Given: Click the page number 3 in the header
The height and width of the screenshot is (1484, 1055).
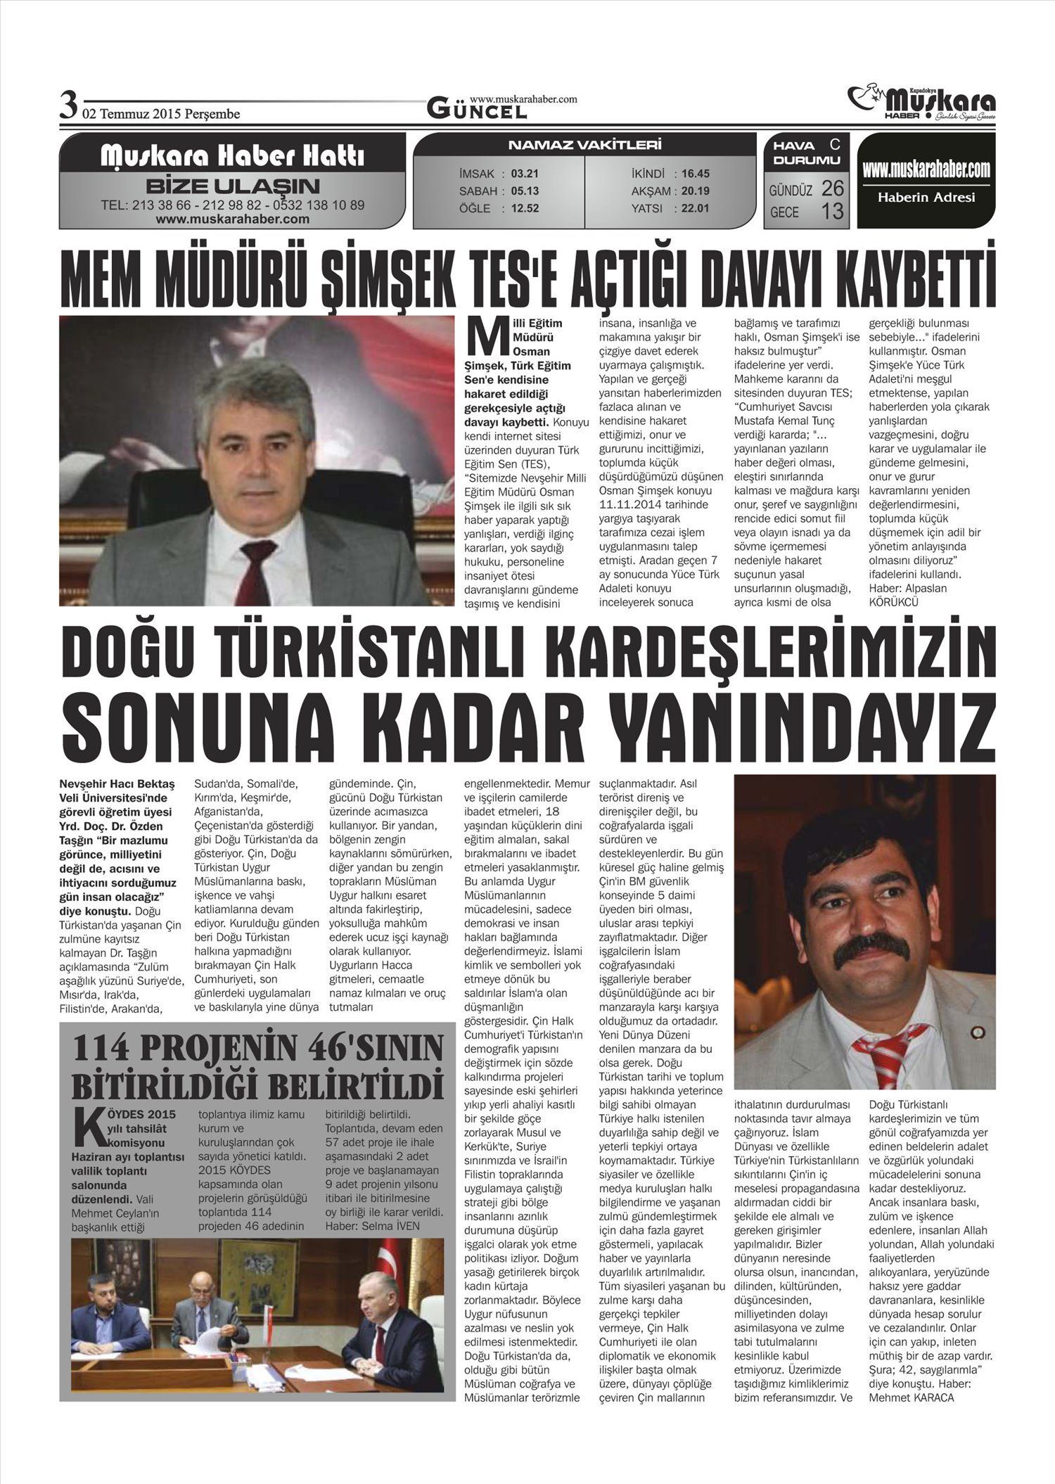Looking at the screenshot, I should tap(68, 108).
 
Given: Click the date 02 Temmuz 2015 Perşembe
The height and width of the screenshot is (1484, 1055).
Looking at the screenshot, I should tap(161, 114).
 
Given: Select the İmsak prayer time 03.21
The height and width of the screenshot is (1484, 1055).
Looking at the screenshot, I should tap(525, 174).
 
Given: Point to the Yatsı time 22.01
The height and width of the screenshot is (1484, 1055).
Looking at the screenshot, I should tap(696, 208).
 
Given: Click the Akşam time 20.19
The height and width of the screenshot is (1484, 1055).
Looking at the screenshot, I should tap(696, 191).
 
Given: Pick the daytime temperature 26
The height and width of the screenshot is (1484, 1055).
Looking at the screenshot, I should tap(832, 188).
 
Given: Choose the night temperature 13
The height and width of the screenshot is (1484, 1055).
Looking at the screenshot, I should tap(832, 211).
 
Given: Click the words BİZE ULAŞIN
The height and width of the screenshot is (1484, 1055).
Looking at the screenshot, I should tap(232, 187).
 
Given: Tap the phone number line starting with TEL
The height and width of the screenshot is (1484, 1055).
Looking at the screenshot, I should tap(232, 205).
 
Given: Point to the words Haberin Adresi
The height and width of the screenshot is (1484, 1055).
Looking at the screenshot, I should tap(926, 198).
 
